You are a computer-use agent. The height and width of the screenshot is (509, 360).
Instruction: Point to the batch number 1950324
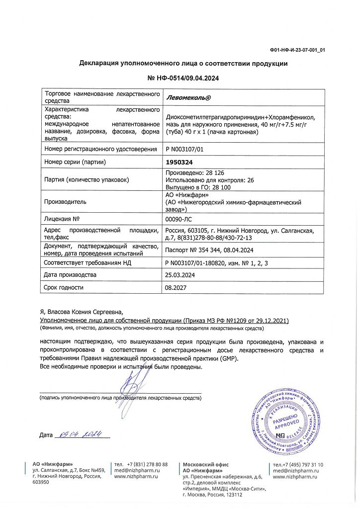pyautogui.click(x=179, y=162)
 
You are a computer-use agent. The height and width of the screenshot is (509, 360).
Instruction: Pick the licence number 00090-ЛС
pyautogui.click(x=178, y=218)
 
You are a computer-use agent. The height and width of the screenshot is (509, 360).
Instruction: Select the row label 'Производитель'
pyautogui.click(x=66, y=202)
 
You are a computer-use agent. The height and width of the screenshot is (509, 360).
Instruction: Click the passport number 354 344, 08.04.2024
pyautogui.click(x=209, y=250)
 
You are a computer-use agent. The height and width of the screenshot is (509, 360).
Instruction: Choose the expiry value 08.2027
pyautogui.click(x=175, y=287)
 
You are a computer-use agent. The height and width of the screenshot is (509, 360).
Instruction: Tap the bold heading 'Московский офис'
pyautogui.click(x=204, y=463)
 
